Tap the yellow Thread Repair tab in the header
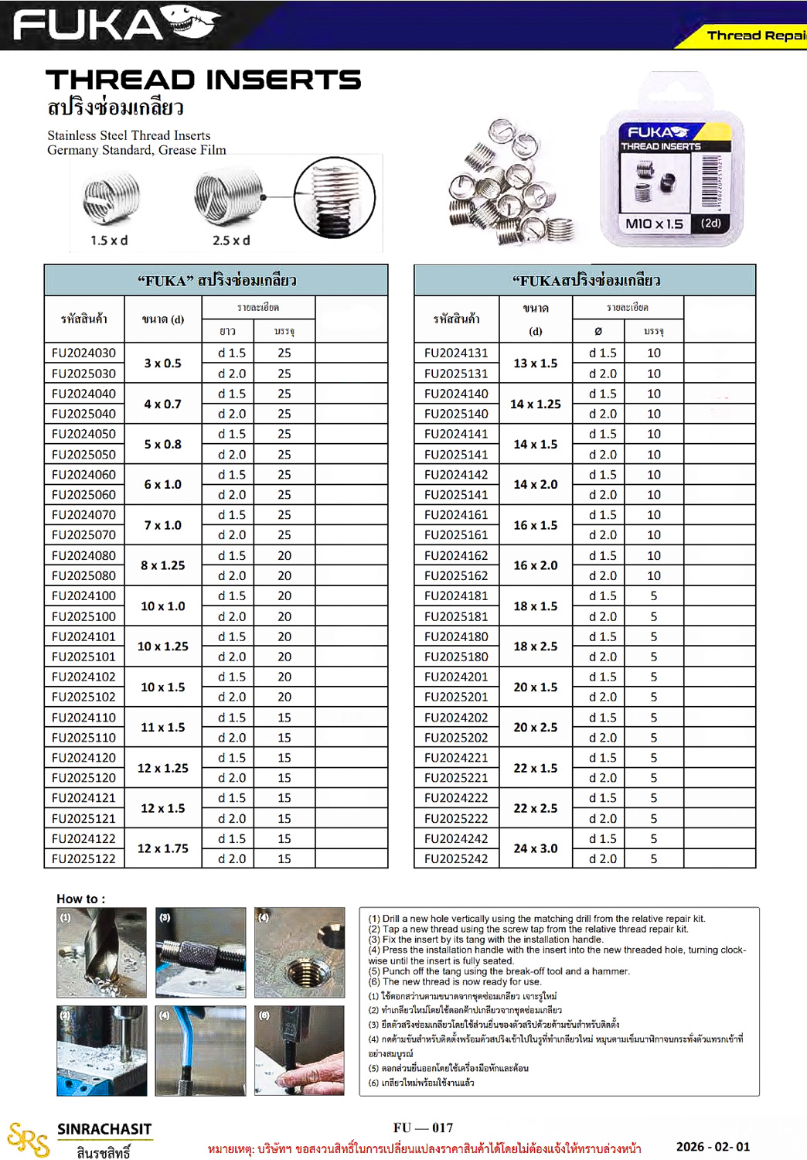tap(754, 35)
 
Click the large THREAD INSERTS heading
tap(203, 80)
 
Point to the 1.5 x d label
tap(109, 241)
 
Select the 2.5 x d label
tap(231, 241)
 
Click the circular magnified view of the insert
tap(335, 198)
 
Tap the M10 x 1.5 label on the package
tap(654, 223)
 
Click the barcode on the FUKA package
tap(710, 183)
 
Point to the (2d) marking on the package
tap(711, 223)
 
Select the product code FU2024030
tap(83, 353)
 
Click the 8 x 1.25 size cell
tap(162, 565)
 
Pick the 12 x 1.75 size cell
tap(162, 848)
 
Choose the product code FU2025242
tap(456, 858)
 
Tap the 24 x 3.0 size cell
tap(535, 848)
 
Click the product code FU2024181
tap(456, 595)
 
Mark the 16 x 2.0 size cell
tap(535, 565)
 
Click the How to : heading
tap(80, 899)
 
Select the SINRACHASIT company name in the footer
tap(104, 1129)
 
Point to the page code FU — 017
tap(423, 1128)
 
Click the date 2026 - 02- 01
tap(713, 1147)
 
